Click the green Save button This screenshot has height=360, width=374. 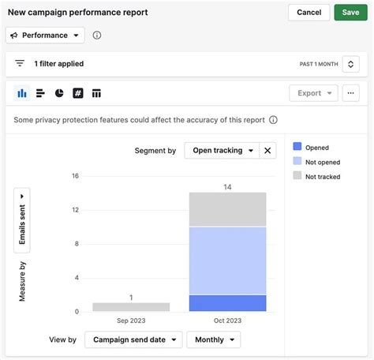[350, 13]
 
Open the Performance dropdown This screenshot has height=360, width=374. [45, 36]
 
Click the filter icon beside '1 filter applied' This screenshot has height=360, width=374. [20, 64]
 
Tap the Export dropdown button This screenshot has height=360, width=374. [313, 93]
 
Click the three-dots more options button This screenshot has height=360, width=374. [351, 93]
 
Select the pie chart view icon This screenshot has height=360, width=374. [59, 93]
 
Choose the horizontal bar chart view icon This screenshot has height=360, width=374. [40, 93]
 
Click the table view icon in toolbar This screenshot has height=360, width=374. [96, 93]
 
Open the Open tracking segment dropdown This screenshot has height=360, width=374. [223, 150]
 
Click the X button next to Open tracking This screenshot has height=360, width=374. [267, 150]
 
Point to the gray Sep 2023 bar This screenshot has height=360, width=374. [131, 307]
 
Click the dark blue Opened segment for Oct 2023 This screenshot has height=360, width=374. [227, 303]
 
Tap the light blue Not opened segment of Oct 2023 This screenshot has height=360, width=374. [227, 261]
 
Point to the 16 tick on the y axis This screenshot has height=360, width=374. [75, 176]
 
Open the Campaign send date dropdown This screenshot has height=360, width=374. [133, 339]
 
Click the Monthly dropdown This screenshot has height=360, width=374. [213, 339]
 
